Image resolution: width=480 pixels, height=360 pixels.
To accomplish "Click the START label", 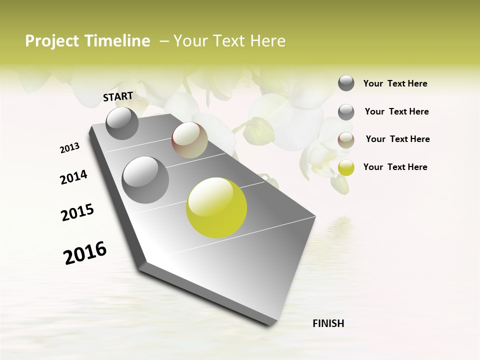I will (x=118, y=96).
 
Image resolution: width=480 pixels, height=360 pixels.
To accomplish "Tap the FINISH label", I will (x=328, y=323).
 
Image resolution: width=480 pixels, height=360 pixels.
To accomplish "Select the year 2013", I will (x=70, y=148).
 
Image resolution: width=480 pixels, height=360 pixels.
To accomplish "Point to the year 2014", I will (x=74, y=177).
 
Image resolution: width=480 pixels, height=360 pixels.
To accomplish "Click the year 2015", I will (x=77, y=212).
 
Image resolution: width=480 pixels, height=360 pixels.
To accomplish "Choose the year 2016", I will (x=85, y=252).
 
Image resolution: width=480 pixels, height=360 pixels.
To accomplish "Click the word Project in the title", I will (x=51, y=41).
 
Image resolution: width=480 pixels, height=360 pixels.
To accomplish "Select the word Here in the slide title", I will (x=267, y=41).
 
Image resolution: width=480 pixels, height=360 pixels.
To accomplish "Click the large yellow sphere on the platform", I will (x=216, y=207).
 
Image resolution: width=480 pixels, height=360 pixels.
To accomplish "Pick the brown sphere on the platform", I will (x=189, y=140).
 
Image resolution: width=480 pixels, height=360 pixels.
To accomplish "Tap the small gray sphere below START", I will (x=122, y=123).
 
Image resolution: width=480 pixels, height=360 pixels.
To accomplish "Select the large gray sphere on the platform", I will (x=145, y=179).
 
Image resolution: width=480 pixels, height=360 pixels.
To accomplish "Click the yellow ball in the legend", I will (x=346, y=167).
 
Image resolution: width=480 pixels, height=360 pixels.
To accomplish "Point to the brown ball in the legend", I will (x=346, y=140).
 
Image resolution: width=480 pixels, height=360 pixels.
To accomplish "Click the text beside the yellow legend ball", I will (x=395, y=167).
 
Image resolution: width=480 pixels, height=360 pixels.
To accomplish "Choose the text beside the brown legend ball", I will (x=397, y=139).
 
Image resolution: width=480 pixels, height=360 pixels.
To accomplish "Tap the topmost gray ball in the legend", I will (x=346, y=83).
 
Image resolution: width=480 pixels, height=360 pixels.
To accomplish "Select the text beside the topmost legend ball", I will (x=395, y=83).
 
